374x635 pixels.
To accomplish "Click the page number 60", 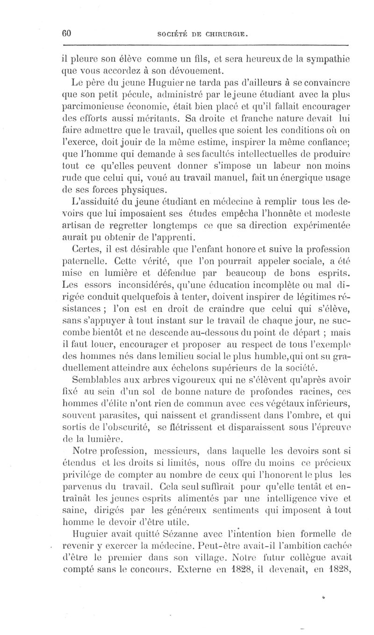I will click(x=65, y=33).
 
